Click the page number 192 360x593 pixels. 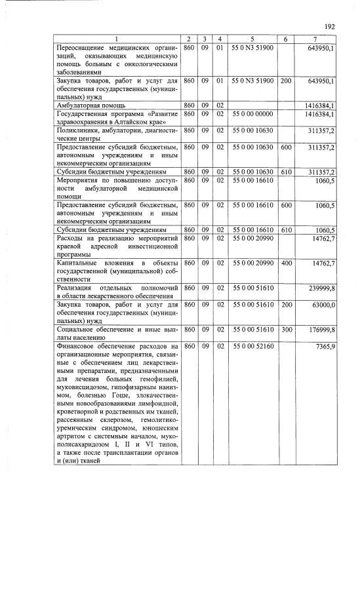point(330,26)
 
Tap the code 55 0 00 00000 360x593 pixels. point(252,113)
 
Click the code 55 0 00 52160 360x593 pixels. point(252,345)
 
